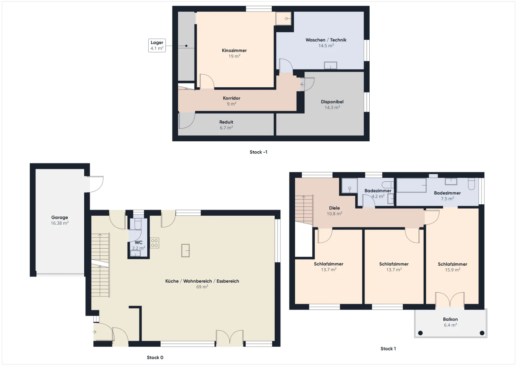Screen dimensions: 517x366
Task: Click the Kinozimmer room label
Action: pos(234,50)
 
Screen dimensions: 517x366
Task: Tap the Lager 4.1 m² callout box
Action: pos(157,45)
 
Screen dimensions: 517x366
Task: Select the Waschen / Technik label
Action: pos(326,40)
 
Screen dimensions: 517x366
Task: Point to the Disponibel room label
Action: pos(332,102)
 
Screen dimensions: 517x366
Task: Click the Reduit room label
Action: pos(226,122)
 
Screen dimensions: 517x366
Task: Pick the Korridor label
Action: pos(231,98)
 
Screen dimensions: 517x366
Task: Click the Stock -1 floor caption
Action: pos(258,152)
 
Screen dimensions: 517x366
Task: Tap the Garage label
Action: pos(59,218)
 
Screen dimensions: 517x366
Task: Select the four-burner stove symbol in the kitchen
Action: pos(154,243)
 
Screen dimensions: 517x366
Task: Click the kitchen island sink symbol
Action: pos(185,251)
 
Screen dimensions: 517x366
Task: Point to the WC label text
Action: pos(139,242)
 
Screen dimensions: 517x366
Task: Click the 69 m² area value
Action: pos(202,287)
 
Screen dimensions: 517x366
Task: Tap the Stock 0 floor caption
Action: pos(155,358)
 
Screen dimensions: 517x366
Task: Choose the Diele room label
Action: pos(334,208)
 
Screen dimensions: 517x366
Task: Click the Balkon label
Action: pos(450,319)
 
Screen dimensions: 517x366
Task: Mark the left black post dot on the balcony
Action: pos(420,333)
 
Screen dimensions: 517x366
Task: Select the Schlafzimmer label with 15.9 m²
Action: pos(453,264)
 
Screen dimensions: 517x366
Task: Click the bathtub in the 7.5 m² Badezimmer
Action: pos(412,185)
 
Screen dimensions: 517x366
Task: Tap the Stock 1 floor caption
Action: pos(388,349)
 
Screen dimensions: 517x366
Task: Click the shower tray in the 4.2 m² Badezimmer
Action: pos(349,186)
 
